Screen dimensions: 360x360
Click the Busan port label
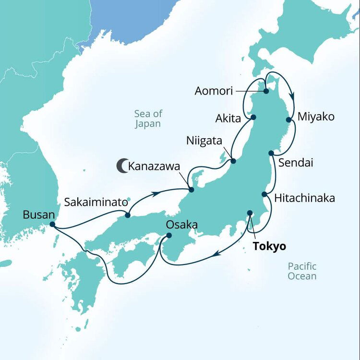pos(38,214)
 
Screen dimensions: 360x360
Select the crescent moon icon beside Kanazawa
pos(121,166)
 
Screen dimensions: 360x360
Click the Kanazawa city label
pos(154,167)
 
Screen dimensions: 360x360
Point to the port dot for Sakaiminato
pos(128,215)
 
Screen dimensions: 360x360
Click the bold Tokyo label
pos(269,246)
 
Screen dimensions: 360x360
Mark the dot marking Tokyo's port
pos(250,213)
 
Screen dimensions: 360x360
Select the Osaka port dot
pos(169,235)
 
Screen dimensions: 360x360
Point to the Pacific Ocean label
pos(302,271)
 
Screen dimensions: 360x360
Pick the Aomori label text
pos(214,91)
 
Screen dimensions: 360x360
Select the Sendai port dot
pos(271,153)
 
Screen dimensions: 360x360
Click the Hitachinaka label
pos(304,198)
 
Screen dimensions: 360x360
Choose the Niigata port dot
pos(233,161)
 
